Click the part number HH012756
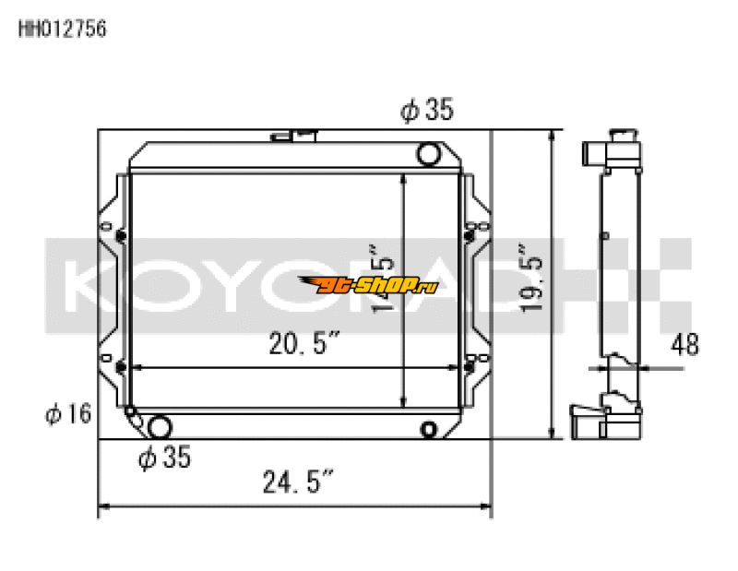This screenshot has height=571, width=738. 63,29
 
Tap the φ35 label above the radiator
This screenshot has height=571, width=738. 426,111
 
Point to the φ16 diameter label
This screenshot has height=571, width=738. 67,414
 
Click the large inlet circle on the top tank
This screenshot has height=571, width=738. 429,153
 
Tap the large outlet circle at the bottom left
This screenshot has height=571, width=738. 160,427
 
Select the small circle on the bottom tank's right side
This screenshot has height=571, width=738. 428,429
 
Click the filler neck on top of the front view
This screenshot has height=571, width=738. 295,137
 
